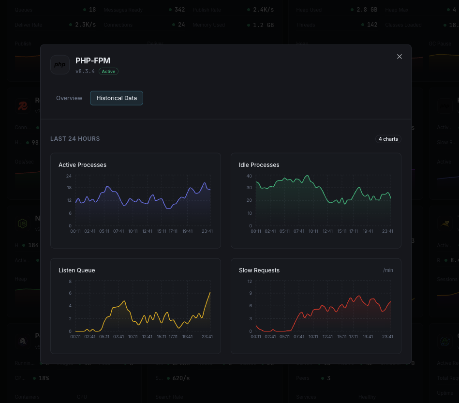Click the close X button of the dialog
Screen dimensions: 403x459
pos(400,57)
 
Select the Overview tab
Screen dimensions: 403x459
pos(69,98)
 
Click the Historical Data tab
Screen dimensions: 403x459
pos(117,98)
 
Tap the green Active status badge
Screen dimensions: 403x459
pos(108,72)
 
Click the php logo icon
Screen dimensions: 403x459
pos(60,65)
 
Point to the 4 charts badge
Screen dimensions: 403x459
pos(388,139)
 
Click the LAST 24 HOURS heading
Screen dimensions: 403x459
pos(75,139)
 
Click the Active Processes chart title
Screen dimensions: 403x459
pos(82,165)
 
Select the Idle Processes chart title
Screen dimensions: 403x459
pos(259,165)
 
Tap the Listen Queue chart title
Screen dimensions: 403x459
pos(76,270)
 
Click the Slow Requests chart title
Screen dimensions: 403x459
pos(259,270)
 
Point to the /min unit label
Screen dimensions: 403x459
pos(388,270)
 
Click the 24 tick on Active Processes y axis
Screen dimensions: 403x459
pos(69,176)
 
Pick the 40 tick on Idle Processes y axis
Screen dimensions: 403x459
pos(249,176)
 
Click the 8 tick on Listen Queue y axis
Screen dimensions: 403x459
pos(70,281)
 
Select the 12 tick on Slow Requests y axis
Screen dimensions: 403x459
pos(250,281)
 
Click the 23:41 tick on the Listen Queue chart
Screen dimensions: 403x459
pos(207,337)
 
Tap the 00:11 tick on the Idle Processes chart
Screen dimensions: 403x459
pos(256,231)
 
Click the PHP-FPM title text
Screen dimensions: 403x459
pos(93,60)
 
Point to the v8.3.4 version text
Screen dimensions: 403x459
pos(85,72)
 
